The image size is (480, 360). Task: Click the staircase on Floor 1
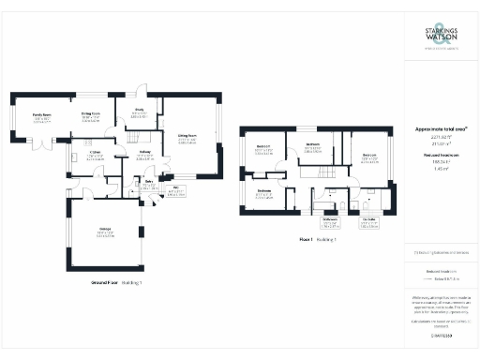[323, 175]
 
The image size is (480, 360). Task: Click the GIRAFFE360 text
[441, 334]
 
